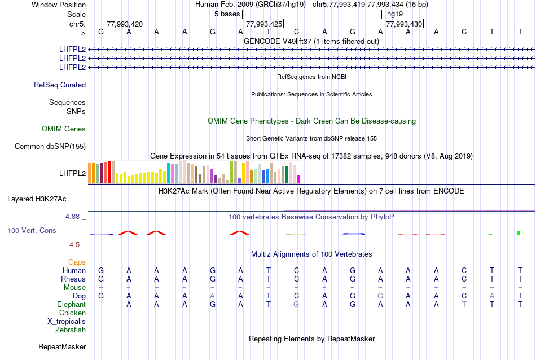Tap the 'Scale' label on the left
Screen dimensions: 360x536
click(x=76, y=14)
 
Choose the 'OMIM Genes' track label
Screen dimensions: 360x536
click(x=64, y=129)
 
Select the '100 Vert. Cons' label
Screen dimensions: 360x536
click(x=32, y=231)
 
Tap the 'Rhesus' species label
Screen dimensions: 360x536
click(x=73, y=279)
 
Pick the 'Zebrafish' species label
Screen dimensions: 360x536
click(x=71, y=330)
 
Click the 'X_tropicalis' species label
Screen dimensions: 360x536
click(x=67, y=321)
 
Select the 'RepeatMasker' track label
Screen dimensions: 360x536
click(x=62, y=346)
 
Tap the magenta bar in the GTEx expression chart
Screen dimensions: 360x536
click(x=299, y=179)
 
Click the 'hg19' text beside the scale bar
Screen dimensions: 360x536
click(x=395, y=14)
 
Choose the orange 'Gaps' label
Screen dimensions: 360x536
click(x=77, y=262)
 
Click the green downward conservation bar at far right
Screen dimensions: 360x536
click(x=519, y=233)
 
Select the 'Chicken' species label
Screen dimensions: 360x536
click(x=72, y=313)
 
